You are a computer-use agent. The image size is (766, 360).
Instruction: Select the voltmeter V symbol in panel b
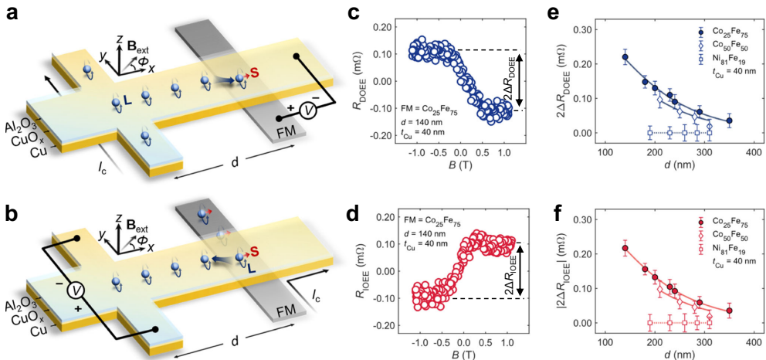point(75,290)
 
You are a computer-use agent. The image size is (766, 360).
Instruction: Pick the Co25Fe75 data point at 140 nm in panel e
point(625,57)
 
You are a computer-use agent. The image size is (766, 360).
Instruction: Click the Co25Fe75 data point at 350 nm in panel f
point(730,311)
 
